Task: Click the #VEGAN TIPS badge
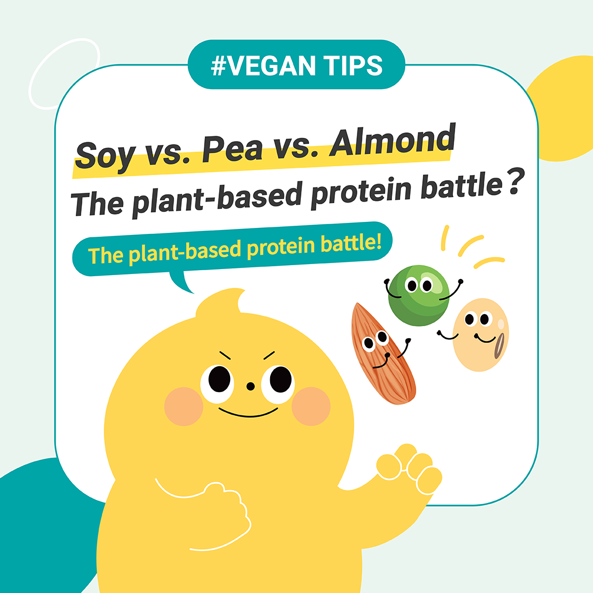click(x=296, y=65)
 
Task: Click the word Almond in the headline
click(x=393, y=141)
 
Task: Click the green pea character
click(x=418, y=295)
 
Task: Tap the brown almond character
click(x=382, y=354)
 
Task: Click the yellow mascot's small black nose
click(x=250, y=386)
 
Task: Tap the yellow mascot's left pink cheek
click(x=184, y=406)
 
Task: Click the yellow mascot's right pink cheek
click(x=311, y=406)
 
